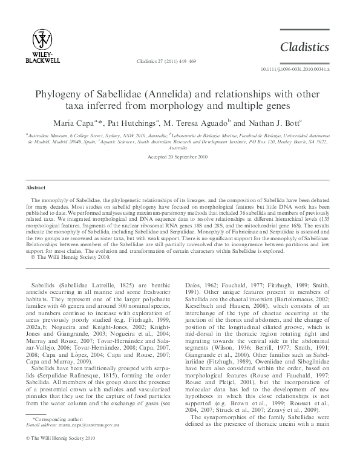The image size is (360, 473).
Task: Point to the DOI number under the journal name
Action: point(295,70)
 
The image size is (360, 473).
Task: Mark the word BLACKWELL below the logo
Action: point(42,60)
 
